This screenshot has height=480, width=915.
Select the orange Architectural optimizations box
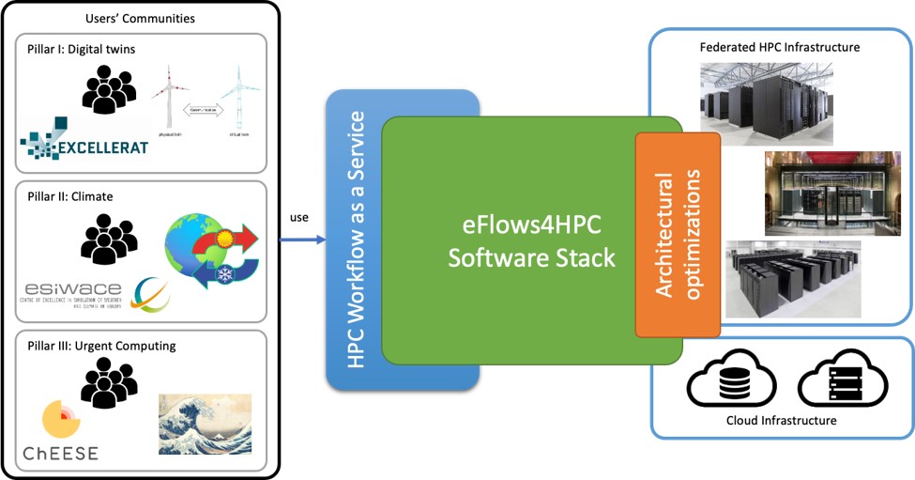point(678,235)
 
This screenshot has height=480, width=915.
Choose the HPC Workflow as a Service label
point(356,240)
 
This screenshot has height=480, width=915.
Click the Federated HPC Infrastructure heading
point(780,47)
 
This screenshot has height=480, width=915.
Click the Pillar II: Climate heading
point(74,197)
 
